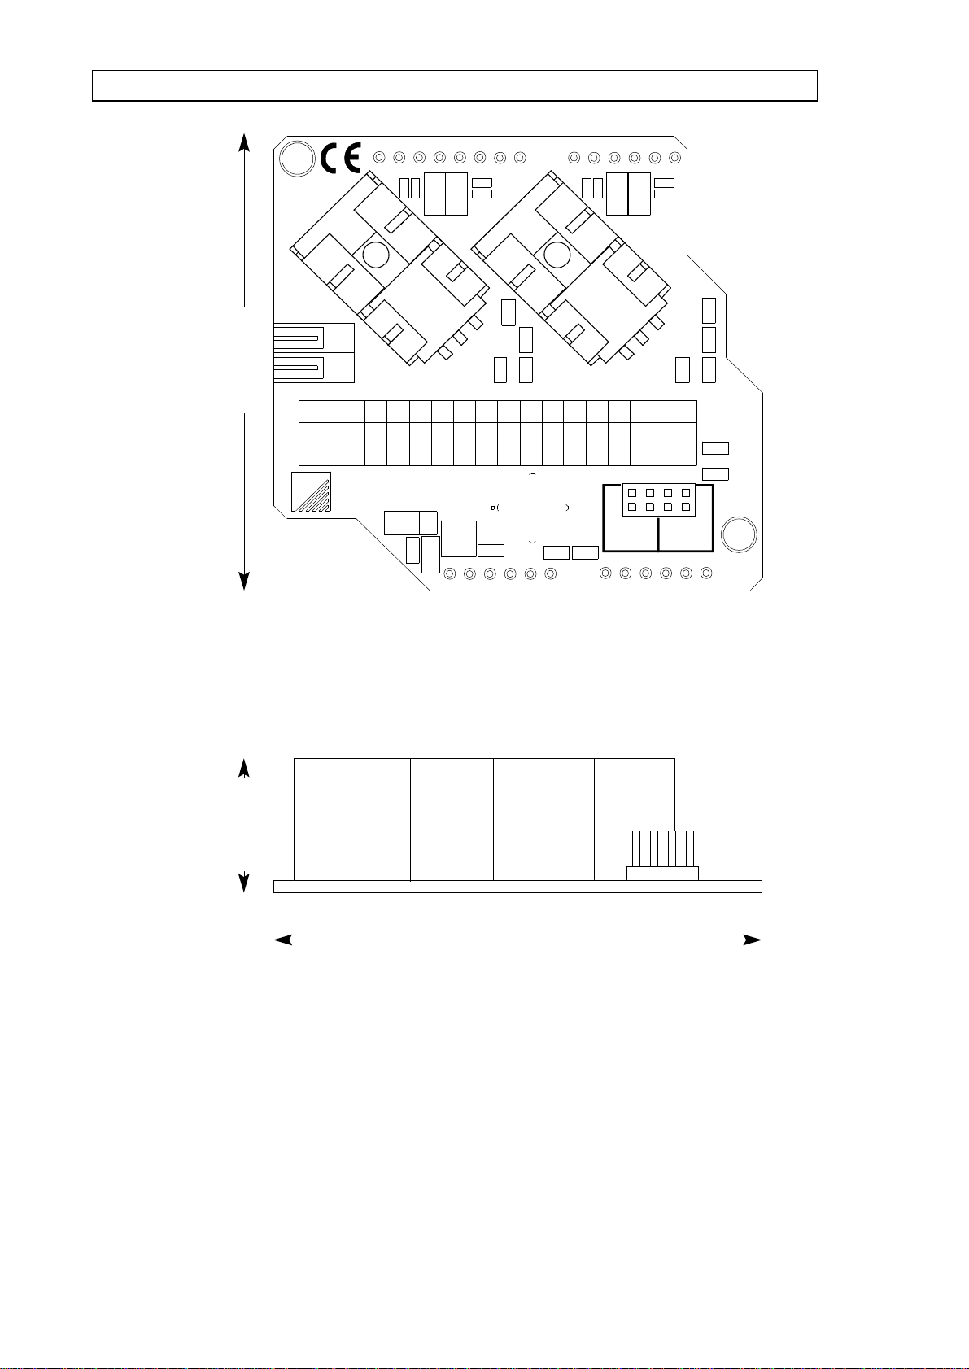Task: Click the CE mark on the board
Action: tap(342, 158)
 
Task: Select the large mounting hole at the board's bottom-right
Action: tap(740, 534)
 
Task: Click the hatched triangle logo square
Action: tap(311, 491)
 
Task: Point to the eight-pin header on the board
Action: tap(657, 499)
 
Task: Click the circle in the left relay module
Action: tap(376, 255)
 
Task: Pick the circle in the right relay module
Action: tap(557, 255)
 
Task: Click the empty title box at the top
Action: tap(454, 85)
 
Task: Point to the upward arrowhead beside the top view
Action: tap(243, 143)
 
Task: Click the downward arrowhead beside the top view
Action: tap(243, 581)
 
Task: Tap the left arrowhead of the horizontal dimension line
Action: tap(282, 940)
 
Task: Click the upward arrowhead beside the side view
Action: tap(243, 769)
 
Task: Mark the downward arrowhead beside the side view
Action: tap(243, 883)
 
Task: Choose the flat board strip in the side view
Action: tap(517, 887)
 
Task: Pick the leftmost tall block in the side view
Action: tap(351, 818)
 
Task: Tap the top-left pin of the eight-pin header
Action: tap(632, 493)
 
